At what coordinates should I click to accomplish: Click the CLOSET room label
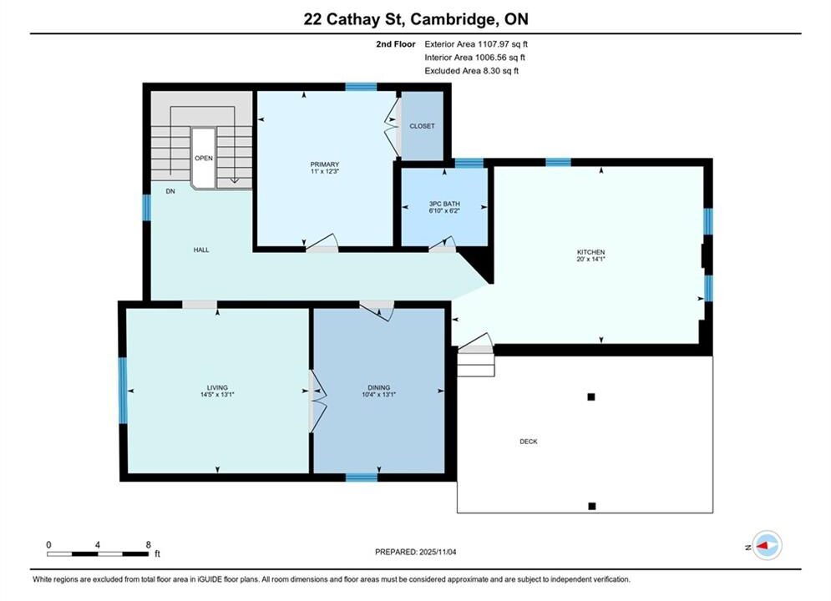pos(422,126)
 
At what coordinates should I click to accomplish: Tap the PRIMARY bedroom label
pos(324,164)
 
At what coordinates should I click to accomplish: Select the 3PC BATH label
pos(444,204)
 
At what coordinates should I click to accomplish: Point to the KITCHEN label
pos(591,252)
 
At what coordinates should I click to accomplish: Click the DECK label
pos(529,441)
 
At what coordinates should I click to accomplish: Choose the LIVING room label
pos(217,387)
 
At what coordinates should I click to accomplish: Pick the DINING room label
pos(379,387)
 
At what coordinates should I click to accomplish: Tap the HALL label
pos(201,250)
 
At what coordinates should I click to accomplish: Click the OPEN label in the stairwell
pos(204,158)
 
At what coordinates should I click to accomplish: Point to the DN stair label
pos(170,191)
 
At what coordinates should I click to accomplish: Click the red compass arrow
pos(763,545)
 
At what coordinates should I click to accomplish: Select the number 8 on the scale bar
pos(149,544)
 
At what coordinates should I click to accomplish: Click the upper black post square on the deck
pos(591,396)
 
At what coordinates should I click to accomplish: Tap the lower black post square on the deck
pos(592,506)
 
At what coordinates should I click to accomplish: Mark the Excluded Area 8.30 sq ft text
pos(472,70)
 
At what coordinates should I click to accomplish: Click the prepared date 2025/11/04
pos(438,552)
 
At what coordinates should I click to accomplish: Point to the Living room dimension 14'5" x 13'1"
pos(217,395)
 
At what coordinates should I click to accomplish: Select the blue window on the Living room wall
pos(123,391)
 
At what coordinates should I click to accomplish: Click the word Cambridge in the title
pos(453,19)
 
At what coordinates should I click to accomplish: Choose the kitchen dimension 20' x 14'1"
pos(591,259)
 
